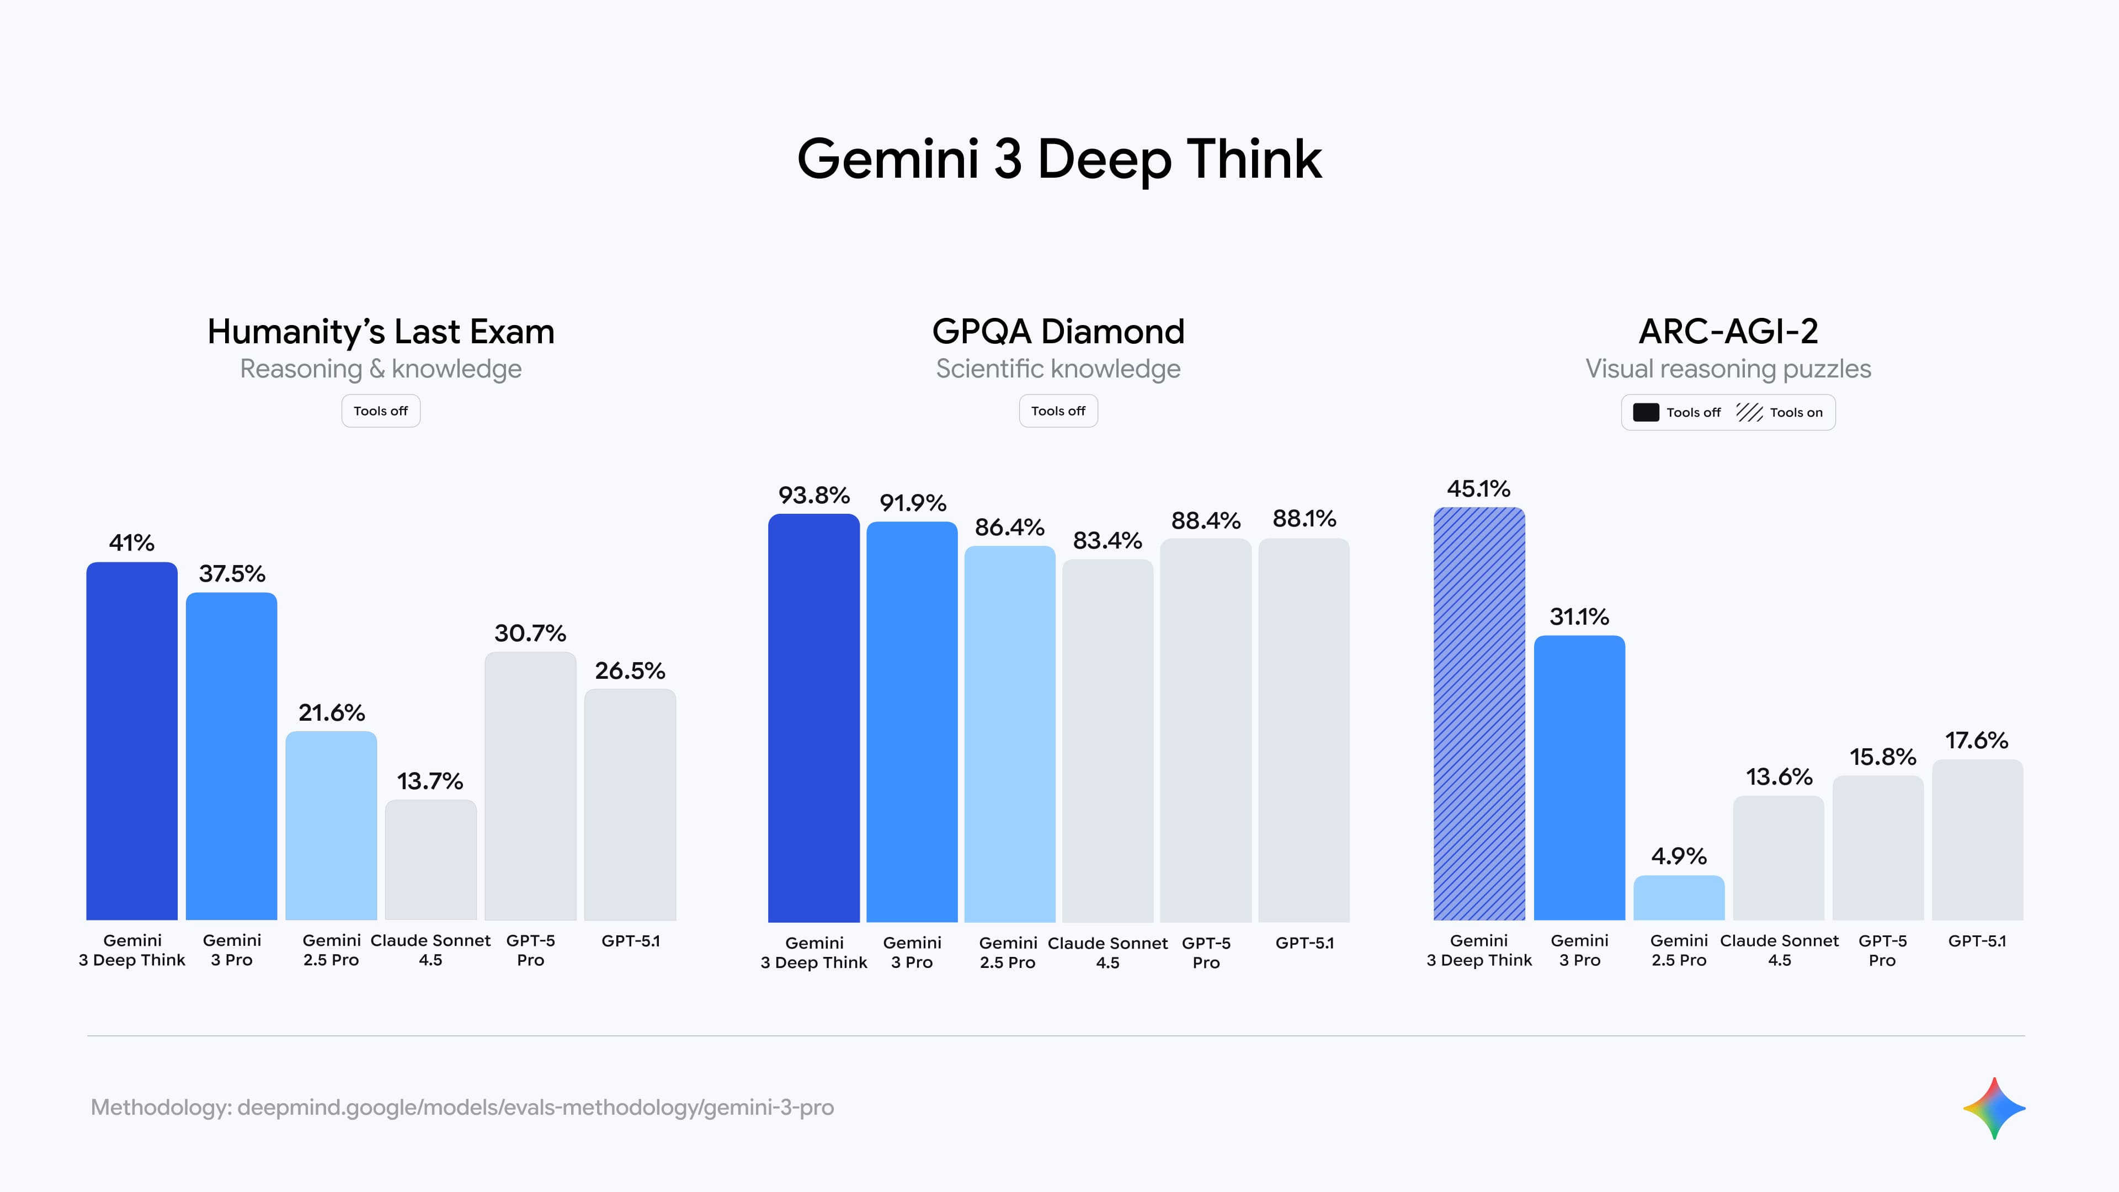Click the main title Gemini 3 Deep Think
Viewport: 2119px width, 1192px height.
(1059, 159)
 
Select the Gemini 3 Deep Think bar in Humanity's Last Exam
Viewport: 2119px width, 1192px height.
(132, 741)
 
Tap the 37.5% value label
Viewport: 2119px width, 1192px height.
(232, 573)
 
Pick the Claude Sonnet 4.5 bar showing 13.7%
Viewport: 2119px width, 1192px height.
(430, 860)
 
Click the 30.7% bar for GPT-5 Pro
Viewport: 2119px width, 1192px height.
(530, 786)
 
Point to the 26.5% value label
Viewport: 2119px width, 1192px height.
(630, 670)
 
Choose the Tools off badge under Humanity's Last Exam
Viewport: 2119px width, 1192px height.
(381, 411)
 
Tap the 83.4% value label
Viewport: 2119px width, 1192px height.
(1107, 540)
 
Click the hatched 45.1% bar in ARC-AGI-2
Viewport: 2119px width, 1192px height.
(1479, 713)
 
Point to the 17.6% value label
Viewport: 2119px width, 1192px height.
(1977, 741)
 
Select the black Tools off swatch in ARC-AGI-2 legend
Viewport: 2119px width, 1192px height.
(1646, 412)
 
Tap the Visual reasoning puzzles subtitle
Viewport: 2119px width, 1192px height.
(1728, 369)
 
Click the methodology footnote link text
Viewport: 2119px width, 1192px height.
(462, 1107)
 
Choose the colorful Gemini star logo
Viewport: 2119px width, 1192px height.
(1994, 1108)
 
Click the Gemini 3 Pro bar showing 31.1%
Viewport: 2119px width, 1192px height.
(1579, 778)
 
